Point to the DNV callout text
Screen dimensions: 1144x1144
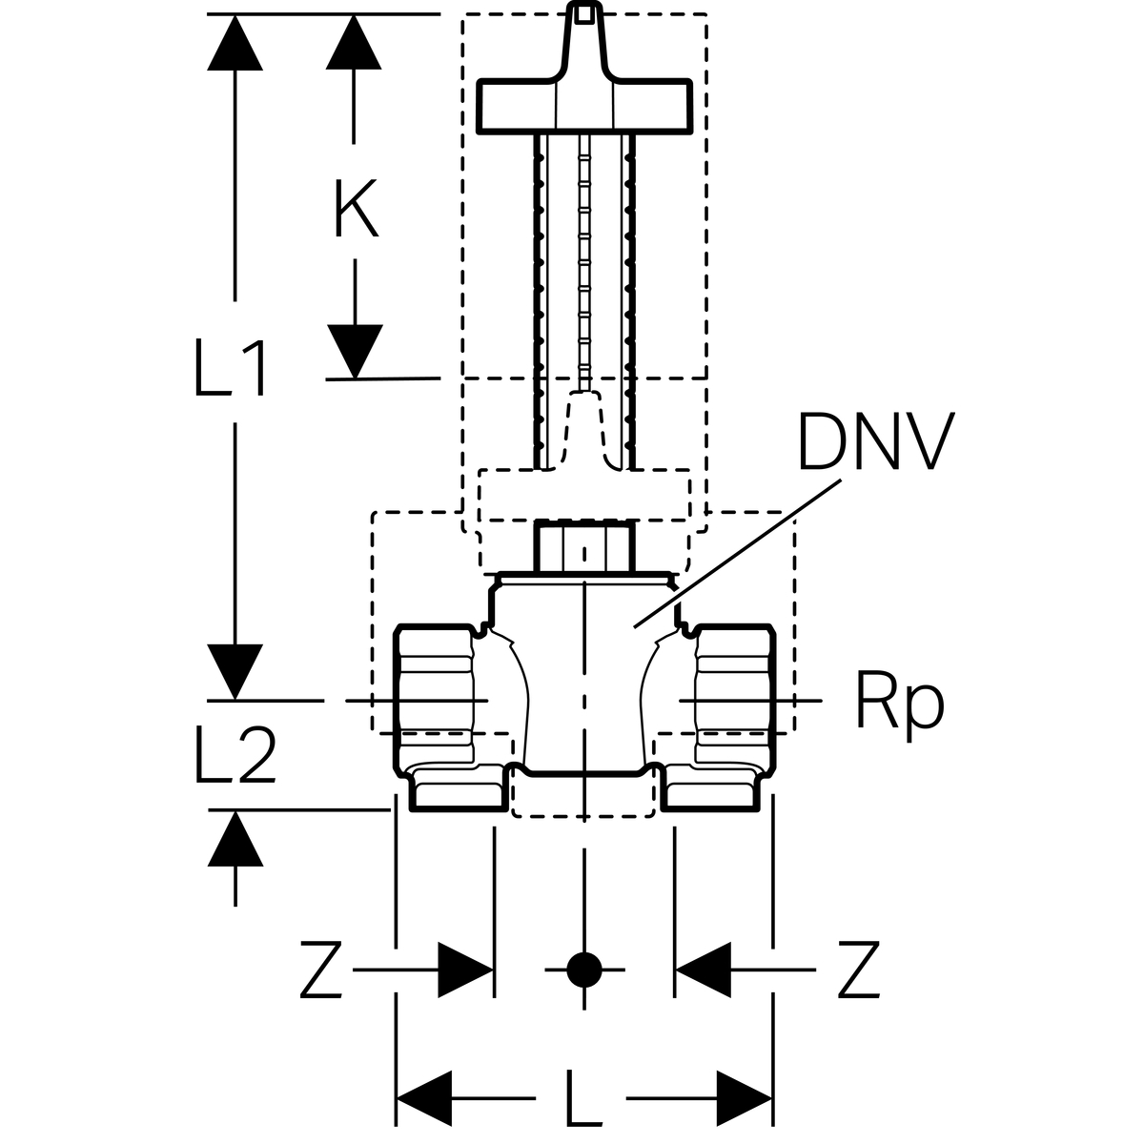pyautogui.click(x=875, y=442)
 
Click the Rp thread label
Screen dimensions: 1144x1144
pyautogui.click(x=899, y=703)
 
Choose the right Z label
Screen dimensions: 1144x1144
pyautogui.click(x=857, y=970)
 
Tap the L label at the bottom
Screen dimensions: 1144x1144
pyautogui.click(x=583, y=1096)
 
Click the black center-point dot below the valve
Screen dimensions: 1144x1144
pyautogui.click(x=583, y=970)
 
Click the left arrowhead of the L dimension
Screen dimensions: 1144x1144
pyautogui.click(x=423, y=1097)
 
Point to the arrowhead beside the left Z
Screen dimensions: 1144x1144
pyautogui.click(x=466, y=970)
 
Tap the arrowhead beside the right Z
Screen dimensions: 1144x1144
pyautogui.click(x=703, y=970)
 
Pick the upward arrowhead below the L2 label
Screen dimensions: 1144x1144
pyautogui.click(x=235, y=839)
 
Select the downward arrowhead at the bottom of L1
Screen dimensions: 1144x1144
pyautogui.click(x=235, y=671)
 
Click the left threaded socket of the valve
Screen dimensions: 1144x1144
pyautogui.click(x=436, y=701)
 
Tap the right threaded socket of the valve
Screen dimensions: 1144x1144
pyautogui.click(x=732, y=701)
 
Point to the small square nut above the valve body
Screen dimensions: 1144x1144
pyautogui.click(x=583, y=545)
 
